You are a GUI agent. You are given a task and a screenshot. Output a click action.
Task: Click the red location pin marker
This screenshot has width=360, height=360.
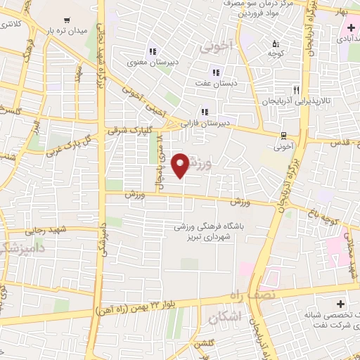[181, 165]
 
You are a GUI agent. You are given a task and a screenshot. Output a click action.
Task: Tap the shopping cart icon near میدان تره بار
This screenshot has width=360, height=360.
[66, 20]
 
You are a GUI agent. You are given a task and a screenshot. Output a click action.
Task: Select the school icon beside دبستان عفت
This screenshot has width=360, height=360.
[216, 71]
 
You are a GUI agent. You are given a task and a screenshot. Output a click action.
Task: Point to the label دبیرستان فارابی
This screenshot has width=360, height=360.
[205, 123]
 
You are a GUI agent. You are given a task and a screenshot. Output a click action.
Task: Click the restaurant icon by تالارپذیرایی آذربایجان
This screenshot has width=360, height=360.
[296, 90]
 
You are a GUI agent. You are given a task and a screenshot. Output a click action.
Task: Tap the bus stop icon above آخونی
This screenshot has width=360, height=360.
[283, 136]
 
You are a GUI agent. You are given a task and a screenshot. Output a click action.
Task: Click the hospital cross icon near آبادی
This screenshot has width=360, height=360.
[350, 27]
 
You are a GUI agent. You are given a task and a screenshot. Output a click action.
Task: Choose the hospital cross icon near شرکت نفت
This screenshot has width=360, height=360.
[341, 304]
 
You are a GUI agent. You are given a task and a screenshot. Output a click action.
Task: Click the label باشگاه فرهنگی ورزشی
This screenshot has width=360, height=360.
[209, 227]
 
